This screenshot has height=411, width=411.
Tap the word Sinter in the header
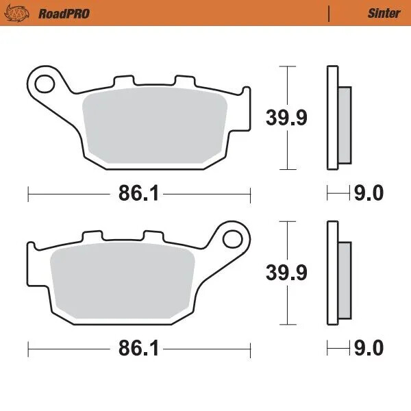tap(383, 13)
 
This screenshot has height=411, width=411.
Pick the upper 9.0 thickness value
tap(369, 194)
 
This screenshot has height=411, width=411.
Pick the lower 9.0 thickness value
tap(369, 349)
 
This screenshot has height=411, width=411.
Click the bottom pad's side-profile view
tap(334, 273)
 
